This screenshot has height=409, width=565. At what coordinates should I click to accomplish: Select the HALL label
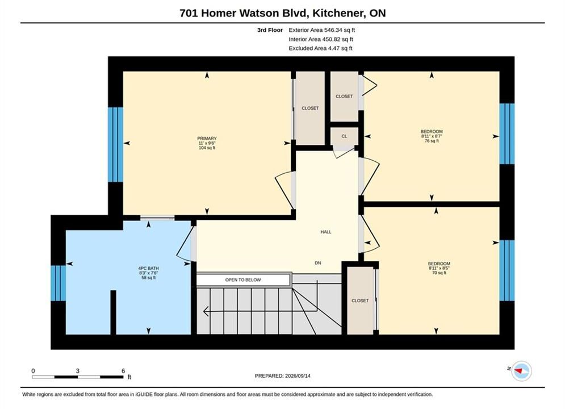pos(326,232)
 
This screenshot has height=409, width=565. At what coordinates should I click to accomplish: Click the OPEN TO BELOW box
pos(243,279)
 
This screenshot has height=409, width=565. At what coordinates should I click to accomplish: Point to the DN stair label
pos(318,263)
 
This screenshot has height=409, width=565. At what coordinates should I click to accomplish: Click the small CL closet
pos(344,136)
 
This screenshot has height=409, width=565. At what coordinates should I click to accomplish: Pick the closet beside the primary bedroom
pos(310,108)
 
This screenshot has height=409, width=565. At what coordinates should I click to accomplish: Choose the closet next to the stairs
pos(360,301)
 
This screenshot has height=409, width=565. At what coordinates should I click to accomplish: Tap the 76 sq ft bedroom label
pos(432,136)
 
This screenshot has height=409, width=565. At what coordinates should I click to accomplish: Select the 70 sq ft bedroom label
pos(439,268)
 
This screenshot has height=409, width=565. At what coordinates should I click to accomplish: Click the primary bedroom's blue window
pos(115,144)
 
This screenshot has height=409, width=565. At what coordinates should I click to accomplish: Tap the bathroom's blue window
pos(58,283)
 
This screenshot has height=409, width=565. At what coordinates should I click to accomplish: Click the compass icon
pos(521,371)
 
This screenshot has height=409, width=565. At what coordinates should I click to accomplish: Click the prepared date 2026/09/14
pos(298,376)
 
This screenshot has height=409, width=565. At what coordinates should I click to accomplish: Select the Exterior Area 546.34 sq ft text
pos(322,30)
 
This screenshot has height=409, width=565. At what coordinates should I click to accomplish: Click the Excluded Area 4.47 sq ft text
pos(320,48)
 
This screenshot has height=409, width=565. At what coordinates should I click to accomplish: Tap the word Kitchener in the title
pos(338,13)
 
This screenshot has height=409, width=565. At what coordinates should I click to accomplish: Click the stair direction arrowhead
pos(206,311)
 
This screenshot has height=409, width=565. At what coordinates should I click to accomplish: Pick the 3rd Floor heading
pos(270,30)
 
